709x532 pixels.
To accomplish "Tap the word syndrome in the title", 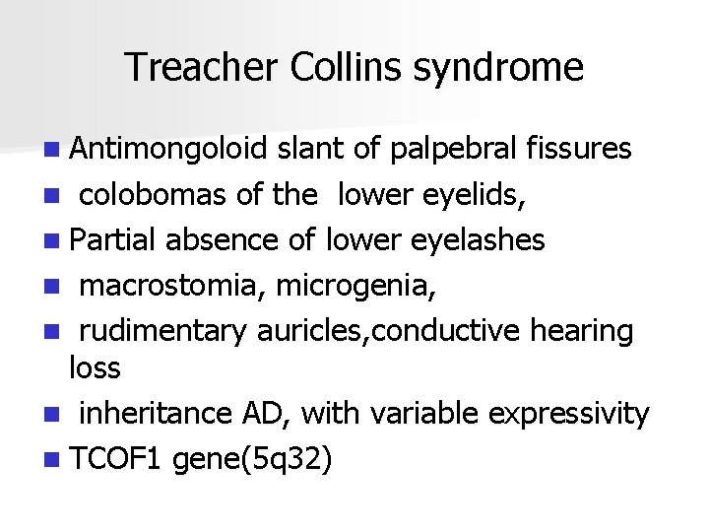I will (498, 68).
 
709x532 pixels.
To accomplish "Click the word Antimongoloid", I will (168, 149).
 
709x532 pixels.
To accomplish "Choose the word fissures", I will (579, 149).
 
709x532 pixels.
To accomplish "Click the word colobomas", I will (154, 195).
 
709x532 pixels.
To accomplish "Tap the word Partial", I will (115, 240).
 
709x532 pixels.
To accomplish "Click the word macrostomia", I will (173, 286).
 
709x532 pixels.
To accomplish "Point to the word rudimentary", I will (162, 332).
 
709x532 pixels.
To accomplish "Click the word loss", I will (95, 368).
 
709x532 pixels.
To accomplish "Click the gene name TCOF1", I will (116, 459).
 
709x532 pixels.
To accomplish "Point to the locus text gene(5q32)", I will (252, 460).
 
